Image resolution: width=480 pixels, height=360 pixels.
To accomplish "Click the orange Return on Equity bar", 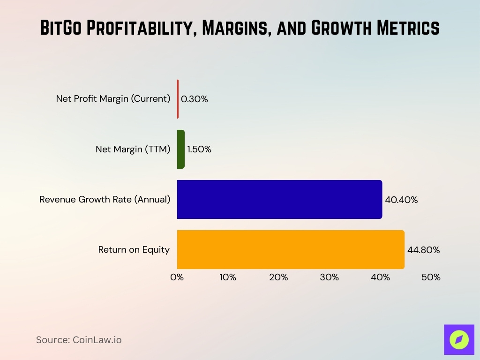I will pyautogui.click(x=291, y=249).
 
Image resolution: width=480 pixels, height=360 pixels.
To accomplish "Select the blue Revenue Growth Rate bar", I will pyautogui.click(x=279, y=199).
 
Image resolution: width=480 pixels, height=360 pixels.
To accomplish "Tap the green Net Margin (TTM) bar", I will pyautogui.click(x=181, y=150).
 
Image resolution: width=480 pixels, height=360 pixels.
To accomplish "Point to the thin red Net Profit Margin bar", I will pyautogui.click(x=178, y=99).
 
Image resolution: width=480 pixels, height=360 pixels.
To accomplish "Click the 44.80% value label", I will pyautogui.click(x=423, y=250).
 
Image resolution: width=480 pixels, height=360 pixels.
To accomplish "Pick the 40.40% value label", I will pyautogui.click(x=401, y=200).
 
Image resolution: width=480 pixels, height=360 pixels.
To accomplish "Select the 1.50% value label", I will pyautogui.click(x=199, y=150).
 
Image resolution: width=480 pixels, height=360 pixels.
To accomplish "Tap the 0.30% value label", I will pyautogui.click(x=194, y=99).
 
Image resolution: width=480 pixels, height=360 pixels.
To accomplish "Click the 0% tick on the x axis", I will pyautogui.click(x=177, y=277).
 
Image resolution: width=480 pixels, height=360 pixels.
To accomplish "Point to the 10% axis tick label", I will pyautogui.click(x=228, y=277).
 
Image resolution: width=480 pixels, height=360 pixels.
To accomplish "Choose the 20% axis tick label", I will pyautogui.click(x=278, y=277).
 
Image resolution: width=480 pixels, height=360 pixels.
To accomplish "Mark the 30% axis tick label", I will pyautogui.click(x=329, y=277).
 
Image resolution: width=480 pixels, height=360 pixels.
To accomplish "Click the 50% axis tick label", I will pyautogui.click(x=431, y=277).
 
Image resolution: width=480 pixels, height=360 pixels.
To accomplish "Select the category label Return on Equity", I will pyautogui.click(x=134, y=250).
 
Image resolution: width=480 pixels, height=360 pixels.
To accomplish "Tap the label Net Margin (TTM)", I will pyautogui.click(x=133, y=150).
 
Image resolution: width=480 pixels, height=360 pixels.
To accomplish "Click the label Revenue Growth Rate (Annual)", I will pyautogui.click(x=105, y=200).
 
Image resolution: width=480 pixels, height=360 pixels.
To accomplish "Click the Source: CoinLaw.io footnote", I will pyautogui.click(x=79, y=340).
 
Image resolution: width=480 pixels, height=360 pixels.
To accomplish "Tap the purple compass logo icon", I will pyautogui.click(x=459, y=339).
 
